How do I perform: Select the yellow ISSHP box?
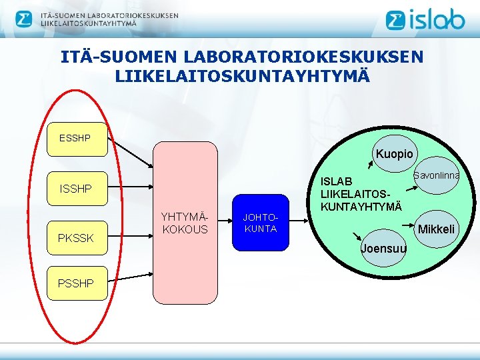pyautogui.click(x=75, y=189)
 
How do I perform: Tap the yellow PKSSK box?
pyautogui.click(x=75, y=237)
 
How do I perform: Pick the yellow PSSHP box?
pyautogui.click(x=75, y=283)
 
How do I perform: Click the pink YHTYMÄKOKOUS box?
pyautogui.click(x=185, y=223)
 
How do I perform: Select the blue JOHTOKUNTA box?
pyautogui.click(x=261, y=223)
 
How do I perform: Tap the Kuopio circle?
pyautogui.click(x=394, y=154)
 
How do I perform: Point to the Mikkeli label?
pyautogui.click(x=436, y=229)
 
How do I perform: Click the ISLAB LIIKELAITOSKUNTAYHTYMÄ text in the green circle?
pyautogui.click(x=361, y=194)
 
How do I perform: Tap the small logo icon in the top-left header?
pyautogui.click(x=24, y=19)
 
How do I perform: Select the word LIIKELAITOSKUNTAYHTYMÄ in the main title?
pyautogui.click(x=242, y=76)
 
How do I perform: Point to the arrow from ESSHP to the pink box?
pyautogui.click(x=130, y=154)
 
